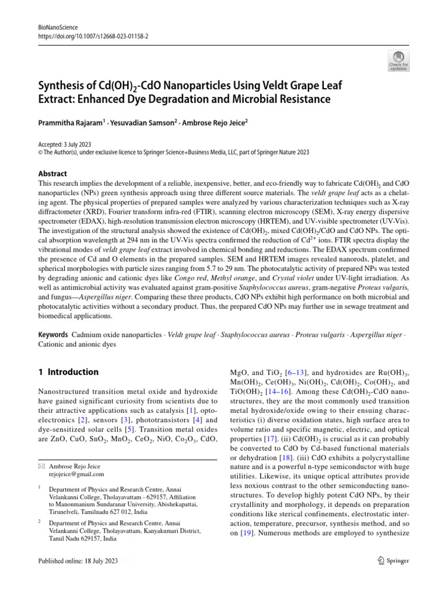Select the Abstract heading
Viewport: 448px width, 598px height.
point(52,173)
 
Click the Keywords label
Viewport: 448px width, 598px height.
point(52,335)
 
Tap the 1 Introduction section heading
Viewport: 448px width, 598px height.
point(68,372)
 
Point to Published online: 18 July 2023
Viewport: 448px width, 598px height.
point(78,561)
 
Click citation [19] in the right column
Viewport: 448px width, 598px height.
point(246,534)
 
